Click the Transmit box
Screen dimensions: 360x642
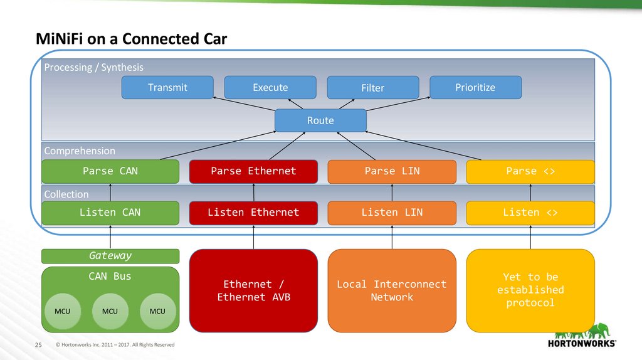[x=167, y=88]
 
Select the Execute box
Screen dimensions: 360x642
[x=270, y=88]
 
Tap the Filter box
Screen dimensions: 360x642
[x=372, y=88]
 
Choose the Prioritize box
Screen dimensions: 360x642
[x=475, y=88]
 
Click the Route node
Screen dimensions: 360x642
[x=320, y=120]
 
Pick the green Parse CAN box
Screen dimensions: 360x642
[x=110, y=171]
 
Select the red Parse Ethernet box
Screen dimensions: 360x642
[x=253, y=171]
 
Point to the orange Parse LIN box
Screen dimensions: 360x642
[x=392, y=171]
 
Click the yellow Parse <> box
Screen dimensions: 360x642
[x=530, y=171]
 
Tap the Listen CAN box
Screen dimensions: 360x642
[x=110, y=213]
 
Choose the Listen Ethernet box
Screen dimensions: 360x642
[x=253, y=213]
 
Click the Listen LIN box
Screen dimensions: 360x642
[x=392, y=213]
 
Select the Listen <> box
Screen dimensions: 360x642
[x=530, y=213]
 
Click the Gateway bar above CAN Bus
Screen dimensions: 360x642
[x=110, y=256]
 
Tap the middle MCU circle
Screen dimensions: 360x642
[x=110, y=310]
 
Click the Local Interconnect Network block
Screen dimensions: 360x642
[x=392, y=290]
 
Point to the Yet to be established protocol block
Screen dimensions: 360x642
[x=530, y=290]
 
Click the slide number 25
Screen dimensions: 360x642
[x=37, y=345]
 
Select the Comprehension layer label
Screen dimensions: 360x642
[x=80, y=151]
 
